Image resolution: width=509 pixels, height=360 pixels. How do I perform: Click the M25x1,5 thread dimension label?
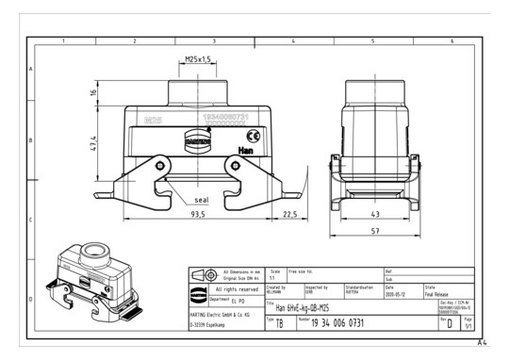click(196, 60)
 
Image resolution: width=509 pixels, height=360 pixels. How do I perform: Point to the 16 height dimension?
click(94, 92)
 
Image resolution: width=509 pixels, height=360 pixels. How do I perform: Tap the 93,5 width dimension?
click(197, 215)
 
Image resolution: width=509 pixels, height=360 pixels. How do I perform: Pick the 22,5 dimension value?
click(289, 215)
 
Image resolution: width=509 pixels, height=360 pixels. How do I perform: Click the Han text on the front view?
click(245, 150)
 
